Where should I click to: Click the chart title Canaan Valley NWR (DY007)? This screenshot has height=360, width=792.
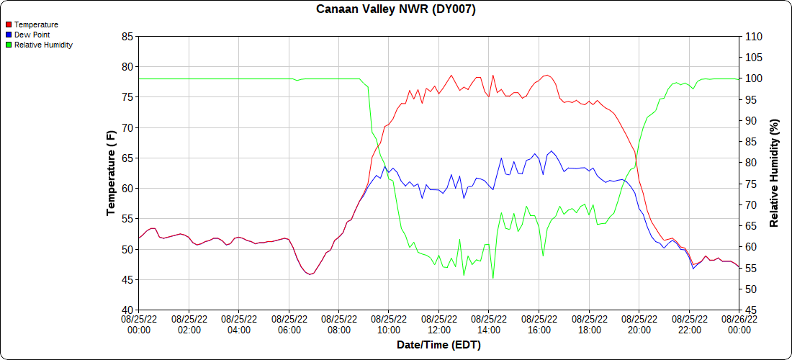coord(396,9)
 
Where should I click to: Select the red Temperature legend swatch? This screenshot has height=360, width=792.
coord(9,24)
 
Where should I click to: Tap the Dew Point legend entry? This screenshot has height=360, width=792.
coord(32,35)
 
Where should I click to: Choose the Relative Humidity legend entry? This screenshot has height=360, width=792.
coord(43,45)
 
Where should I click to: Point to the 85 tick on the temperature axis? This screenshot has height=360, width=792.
coord(127,37)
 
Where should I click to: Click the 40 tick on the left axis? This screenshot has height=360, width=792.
coord(127,310)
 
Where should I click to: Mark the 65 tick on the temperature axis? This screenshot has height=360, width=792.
coord(127,158)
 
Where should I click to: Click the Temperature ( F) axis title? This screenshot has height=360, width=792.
coord(111,173)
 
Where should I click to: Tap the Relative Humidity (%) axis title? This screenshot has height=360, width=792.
coord(774,173)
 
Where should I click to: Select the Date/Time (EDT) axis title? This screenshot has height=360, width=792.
coord(438,346)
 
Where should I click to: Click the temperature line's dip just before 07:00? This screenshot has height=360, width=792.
coord(310,274)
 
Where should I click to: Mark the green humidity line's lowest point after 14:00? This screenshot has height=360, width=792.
coord(493,278)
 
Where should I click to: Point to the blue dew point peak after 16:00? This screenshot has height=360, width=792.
coord(552,151)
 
